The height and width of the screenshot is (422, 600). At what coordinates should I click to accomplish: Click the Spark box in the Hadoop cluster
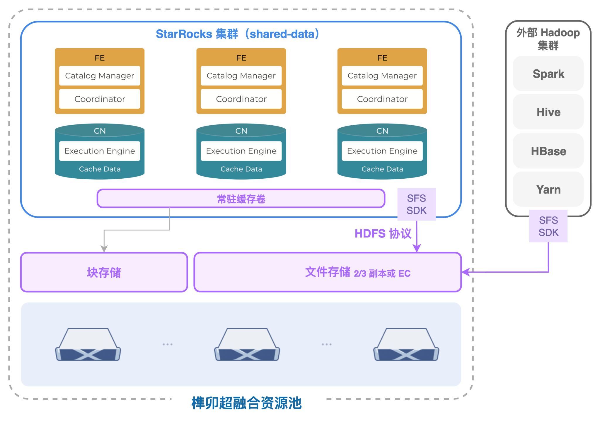point(548,74)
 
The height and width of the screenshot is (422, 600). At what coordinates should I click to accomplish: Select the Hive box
point(548,112)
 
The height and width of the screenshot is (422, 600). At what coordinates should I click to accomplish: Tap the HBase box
point(548,151)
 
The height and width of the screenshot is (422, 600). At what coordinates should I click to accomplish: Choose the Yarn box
point(548,189)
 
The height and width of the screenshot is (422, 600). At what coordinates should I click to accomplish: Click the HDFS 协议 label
point(383,234)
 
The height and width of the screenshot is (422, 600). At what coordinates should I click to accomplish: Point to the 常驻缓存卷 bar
point(241,199)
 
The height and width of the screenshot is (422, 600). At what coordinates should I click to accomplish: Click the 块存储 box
point(104,272)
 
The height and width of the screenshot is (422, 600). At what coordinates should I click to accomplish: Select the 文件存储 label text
point(328,272)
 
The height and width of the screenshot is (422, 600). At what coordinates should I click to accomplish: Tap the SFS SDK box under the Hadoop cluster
point(548,226)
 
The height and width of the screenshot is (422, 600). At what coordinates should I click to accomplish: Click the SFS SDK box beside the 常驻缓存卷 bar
point(416,204)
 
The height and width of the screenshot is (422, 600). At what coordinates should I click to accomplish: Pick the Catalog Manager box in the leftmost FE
point(100,76)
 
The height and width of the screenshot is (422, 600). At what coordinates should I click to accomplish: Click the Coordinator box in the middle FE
point(241,99)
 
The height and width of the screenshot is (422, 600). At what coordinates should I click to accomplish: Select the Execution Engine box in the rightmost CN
point(382,151)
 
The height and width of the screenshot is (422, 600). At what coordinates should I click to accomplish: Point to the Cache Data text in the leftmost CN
point(100,169)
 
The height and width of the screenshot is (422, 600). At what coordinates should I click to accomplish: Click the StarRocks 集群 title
point(237,34)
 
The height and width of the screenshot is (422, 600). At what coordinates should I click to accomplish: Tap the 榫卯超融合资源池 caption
point(246,403)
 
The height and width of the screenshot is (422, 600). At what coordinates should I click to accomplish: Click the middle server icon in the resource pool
point(247,345)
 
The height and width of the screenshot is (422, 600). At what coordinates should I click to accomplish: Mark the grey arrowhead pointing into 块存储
point(104,249)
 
